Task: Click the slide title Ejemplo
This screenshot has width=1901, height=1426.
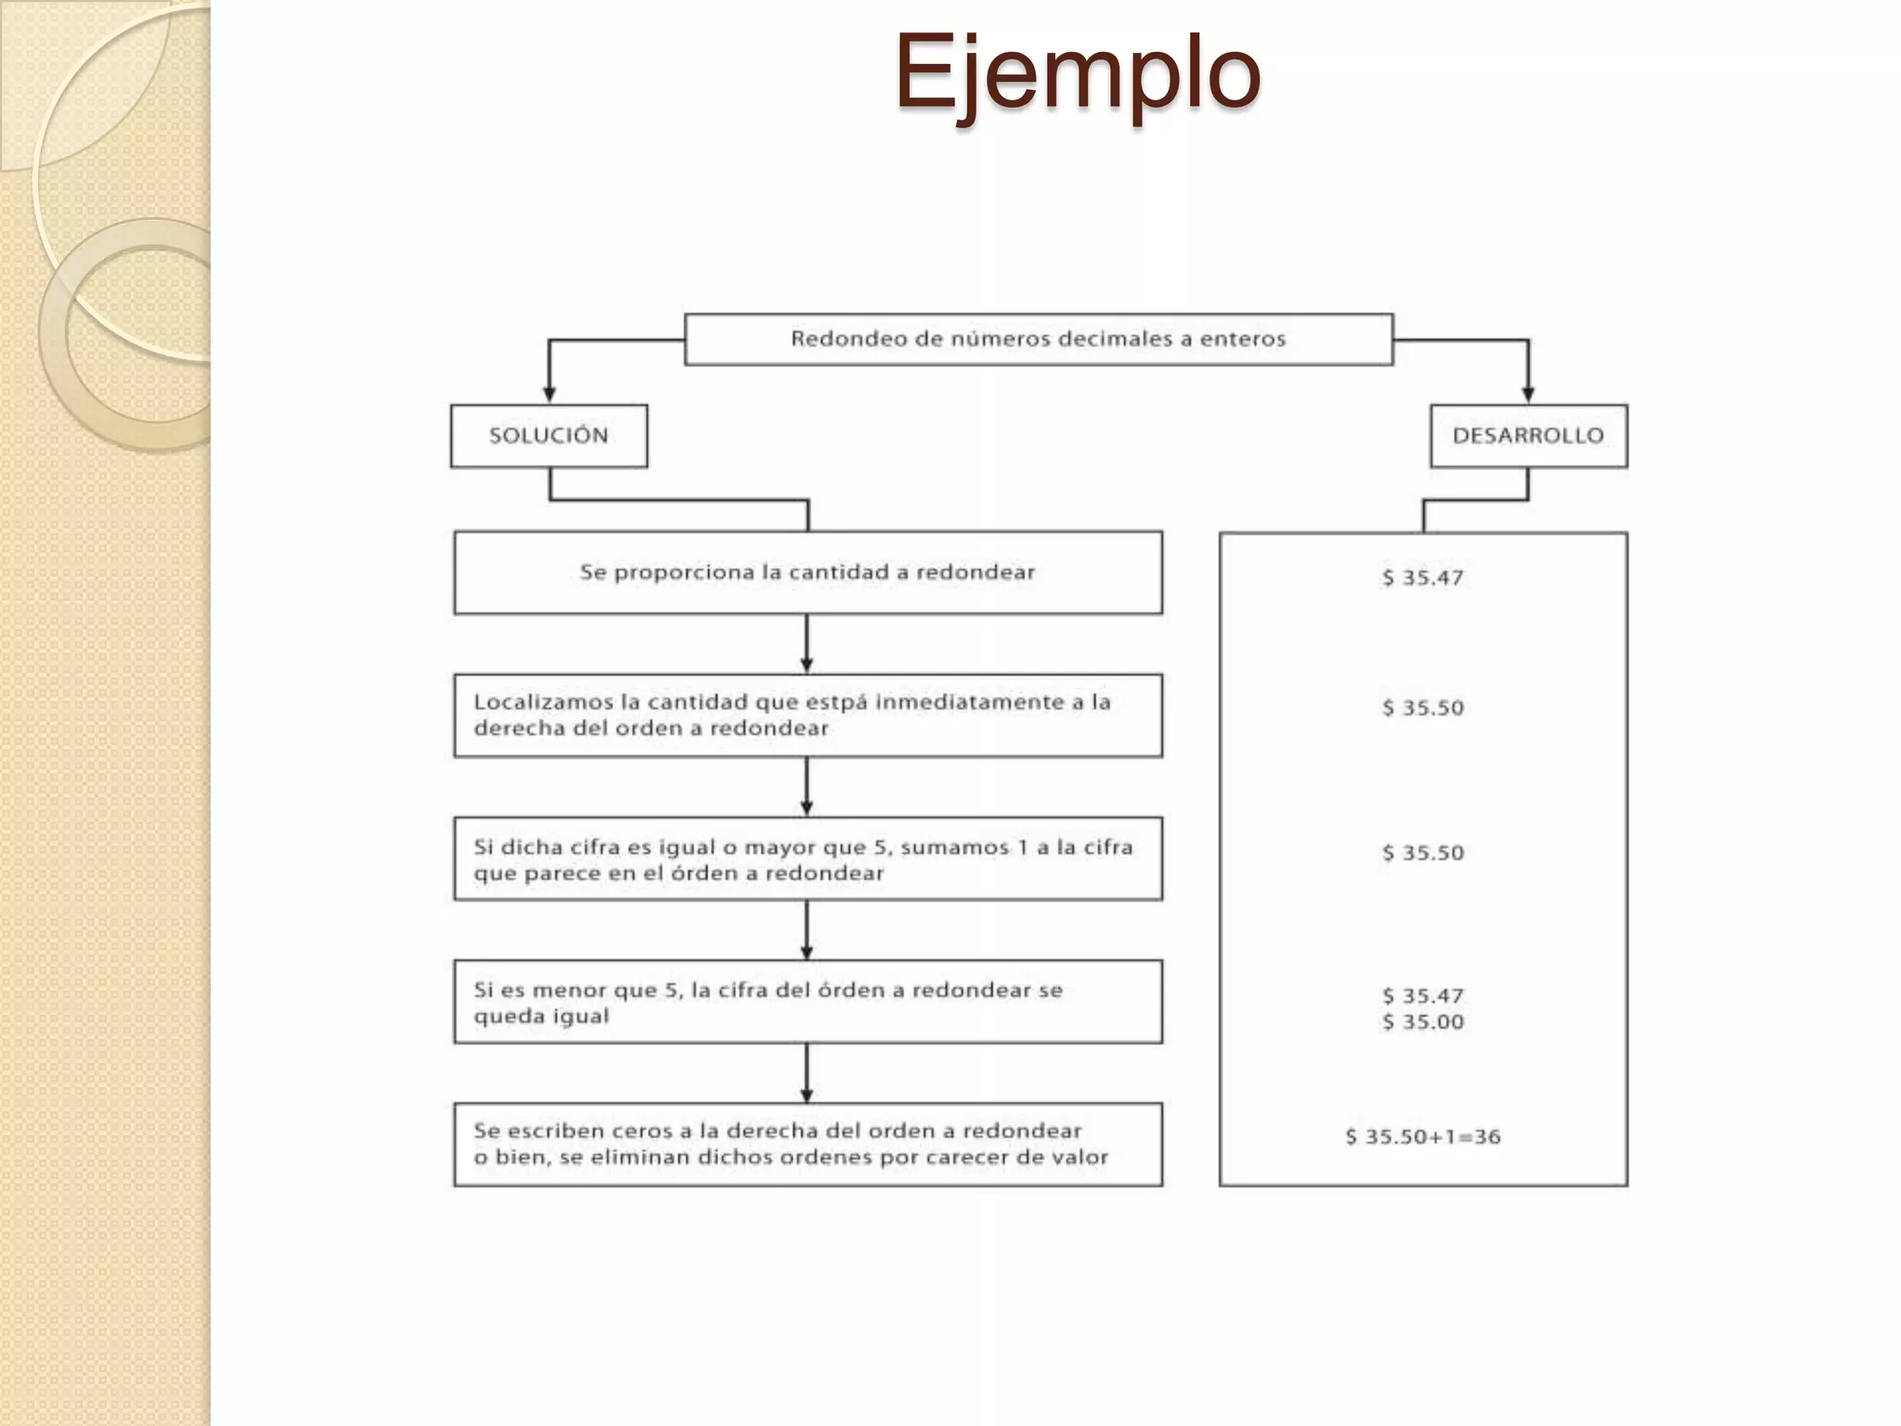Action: (1077, 72)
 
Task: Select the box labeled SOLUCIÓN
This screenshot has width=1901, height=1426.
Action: (549, 435)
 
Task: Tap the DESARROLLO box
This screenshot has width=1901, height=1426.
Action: (1528, 435)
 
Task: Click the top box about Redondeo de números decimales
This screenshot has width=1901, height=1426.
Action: (1038, 339)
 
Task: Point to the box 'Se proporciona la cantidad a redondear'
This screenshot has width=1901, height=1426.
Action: (808, 573)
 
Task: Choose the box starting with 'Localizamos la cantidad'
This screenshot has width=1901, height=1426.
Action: (808, 716)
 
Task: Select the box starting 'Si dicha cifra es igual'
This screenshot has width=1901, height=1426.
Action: (808, 859)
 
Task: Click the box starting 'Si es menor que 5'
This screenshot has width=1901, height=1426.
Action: (808, 1002)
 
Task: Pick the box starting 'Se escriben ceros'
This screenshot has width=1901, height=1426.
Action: (808, 1145)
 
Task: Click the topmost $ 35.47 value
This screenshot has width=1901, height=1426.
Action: (1423, 577)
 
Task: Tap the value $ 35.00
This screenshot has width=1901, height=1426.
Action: (1423, 1022)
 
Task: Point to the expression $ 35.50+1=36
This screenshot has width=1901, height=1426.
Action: (1423, 1137)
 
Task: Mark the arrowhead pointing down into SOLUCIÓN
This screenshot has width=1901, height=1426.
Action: (549, 394)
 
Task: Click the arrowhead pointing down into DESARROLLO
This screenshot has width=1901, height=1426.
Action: (1528, 394)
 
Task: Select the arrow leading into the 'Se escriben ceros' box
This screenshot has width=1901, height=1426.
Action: (807, 1077)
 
